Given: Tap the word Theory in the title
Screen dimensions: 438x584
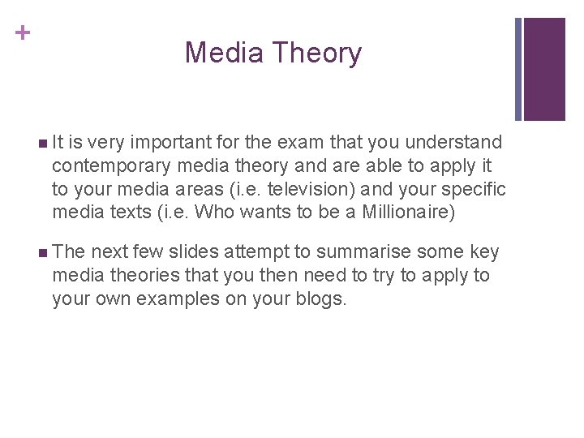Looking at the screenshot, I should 317,54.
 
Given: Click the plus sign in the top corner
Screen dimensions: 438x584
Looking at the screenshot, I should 24,33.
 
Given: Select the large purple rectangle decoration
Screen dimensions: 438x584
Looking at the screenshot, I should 545,69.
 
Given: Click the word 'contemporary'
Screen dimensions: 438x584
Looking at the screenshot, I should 111,167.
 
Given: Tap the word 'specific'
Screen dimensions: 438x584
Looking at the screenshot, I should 474,190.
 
